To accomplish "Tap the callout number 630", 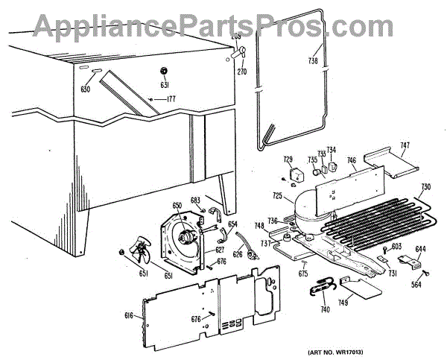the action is click(x=86, y=89).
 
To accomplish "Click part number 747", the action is click(x=405, y=146).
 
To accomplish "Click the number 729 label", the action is click(x=288, y=160).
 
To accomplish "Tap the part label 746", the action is click(x=351, y=160).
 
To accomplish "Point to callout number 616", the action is click(x=129, y=316).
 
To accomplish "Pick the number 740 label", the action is click(x=325, y=308).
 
